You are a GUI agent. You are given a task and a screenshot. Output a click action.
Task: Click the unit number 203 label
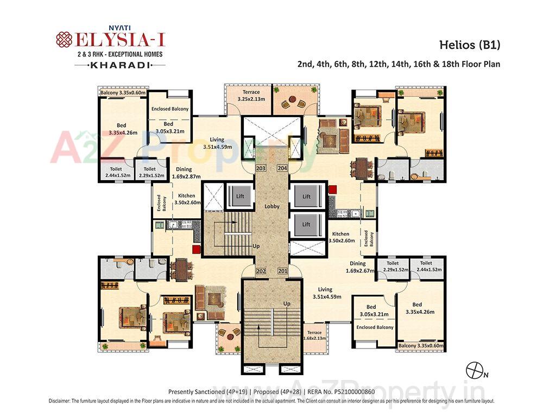point(261,168)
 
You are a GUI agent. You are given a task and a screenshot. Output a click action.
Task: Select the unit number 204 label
point(282,168)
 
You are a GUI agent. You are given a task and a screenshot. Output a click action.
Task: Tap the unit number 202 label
point(261,271)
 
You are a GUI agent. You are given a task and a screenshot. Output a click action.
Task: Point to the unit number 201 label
point(282,271)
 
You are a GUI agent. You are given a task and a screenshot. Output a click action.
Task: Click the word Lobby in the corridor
point(271,207)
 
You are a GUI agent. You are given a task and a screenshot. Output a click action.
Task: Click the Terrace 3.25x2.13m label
point(251,96)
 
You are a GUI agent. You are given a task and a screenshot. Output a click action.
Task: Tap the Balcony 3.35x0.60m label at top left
point(122,93)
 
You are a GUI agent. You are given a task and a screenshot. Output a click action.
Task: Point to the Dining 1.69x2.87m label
point(186,173)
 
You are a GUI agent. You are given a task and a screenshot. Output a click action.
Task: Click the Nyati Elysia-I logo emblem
point(64,40)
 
